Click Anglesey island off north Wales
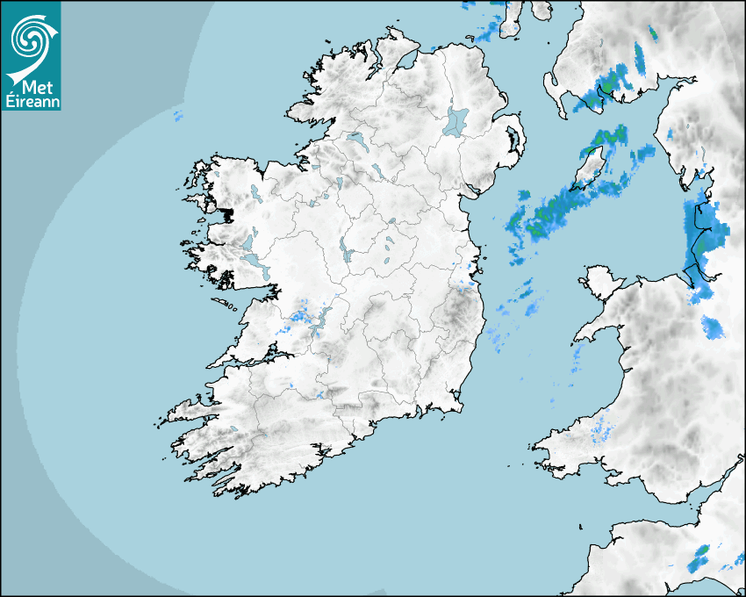coord(602,281)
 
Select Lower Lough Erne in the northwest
coord(356,138)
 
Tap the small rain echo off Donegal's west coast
coord(177,116)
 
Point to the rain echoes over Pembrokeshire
coord(602,427)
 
